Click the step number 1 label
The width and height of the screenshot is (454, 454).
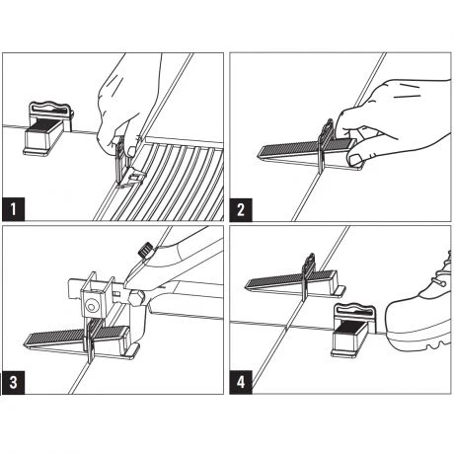tap(13, 209)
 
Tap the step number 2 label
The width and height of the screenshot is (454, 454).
tap(241, 209)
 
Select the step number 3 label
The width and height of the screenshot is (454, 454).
tap(13, 382)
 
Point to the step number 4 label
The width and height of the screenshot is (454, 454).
tap(241, 382)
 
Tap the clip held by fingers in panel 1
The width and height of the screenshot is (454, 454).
tap(126, 165)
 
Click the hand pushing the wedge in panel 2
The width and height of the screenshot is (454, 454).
tap(392, 121)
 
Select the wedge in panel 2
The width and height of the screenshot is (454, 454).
tap(308, 154)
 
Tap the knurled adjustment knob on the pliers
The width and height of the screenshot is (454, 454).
tap(144, 250)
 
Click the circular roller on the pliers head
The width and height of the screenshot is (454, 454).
tap(92, 307)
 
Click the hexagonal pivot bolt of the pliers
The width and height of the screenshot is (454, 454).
tap(136, 297)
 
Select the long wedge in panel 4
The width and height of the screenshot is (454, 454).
tap(293, 283)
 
